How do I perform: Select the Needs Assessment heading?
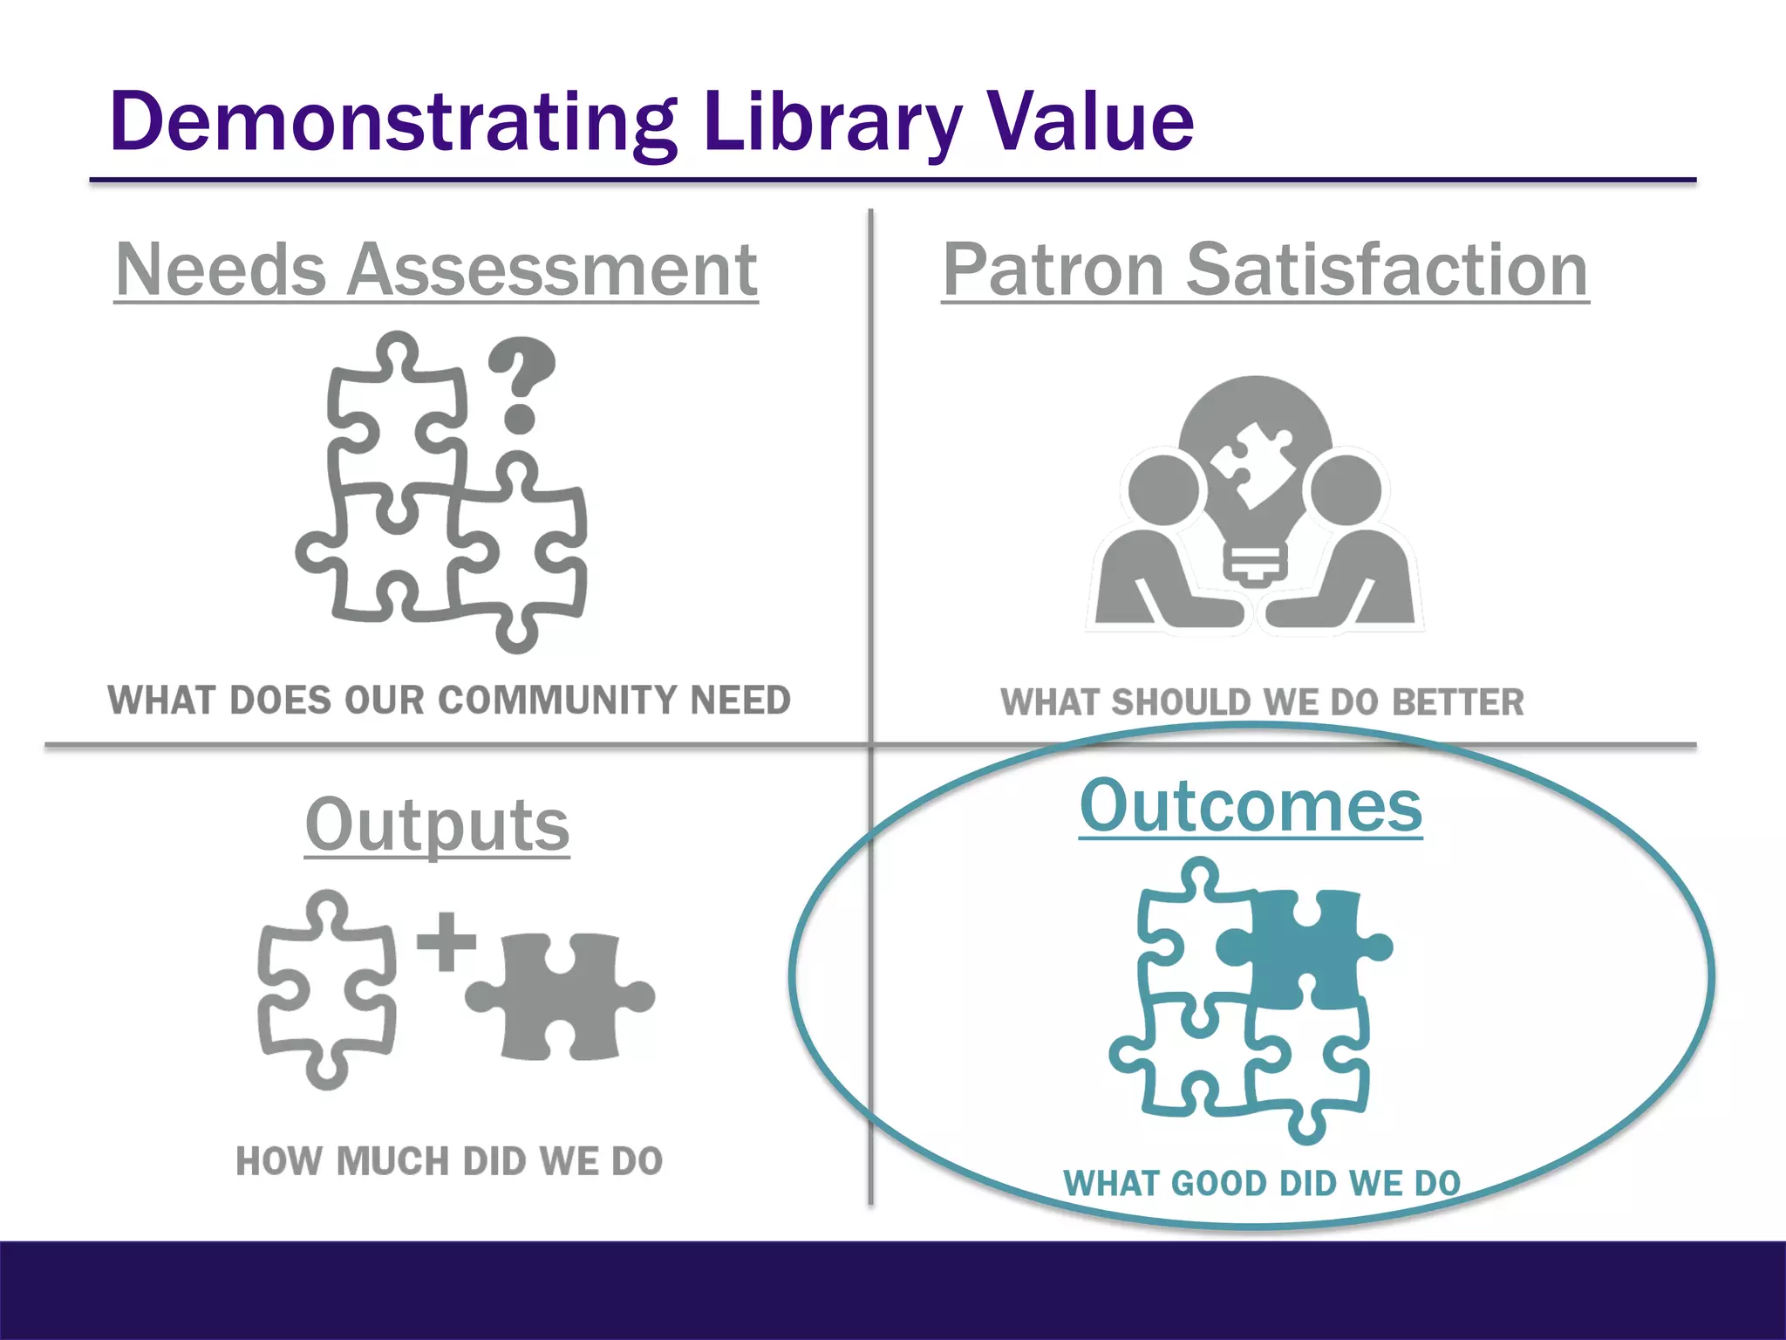click(x=436, y=270)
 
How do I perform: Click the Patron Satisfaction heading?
click(x=1265, y=270)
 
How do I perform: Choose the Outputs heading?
click(x=437, y=825)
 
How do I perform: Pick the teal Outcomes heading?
click(x=1251, y=806)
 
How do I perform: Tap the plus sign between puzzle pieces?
click(x=446, y=941)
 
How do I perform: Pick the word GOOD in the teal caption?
click(x=1218, y=1184)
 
